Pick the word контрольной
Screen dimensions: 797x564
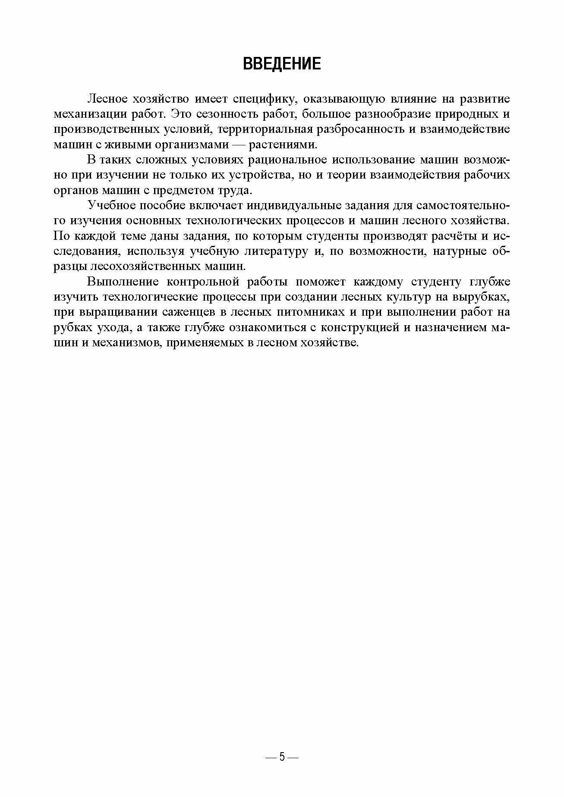click(209, 282)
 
